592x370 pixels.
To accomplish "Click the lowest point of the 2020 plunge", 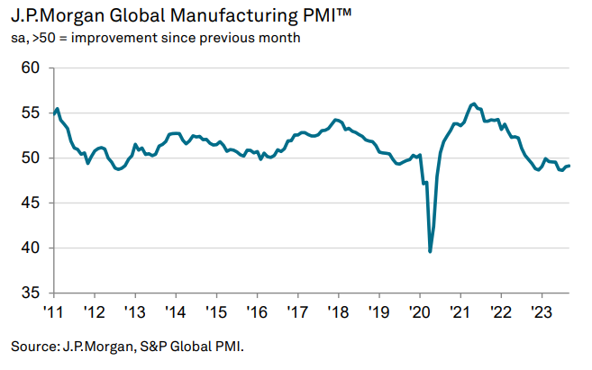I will point(430,251).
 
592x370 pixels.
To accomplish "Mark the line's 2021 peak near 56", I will point(474,104).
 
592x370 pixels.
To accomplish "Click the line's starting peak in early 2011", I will point(58,109).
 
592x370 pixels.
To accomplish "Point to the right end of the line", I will point(569,166).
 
